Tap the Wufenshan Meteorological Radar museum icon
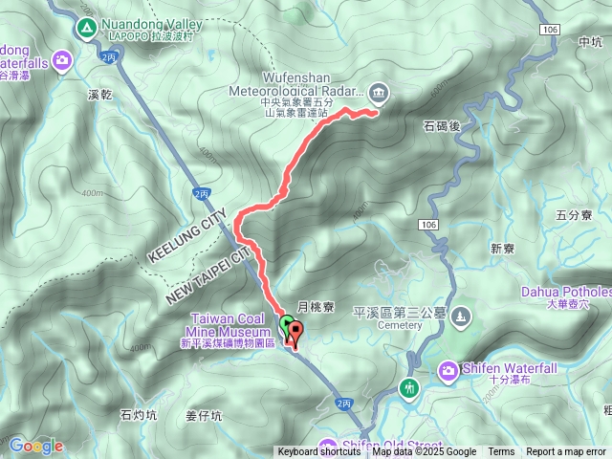[x=379, y=92]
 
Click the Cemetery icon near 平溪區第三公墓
[x=462, y=314]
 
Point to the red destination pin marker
[x=295, y=336]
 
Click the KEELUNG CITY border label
[x=186, y=236]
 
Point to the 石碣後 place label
[x=441, y=124]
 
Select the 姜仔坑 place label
[x=203, y=415]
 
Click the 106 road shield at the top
[x=549, y=31]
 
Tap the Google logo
[x=36, y=445]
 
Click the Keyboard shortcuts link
[x=319, y=452]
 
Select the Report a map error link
[x=566, y=452]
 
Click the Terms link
[x=501, y=452]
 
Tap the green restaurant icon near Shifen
[x=410, y=388]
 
